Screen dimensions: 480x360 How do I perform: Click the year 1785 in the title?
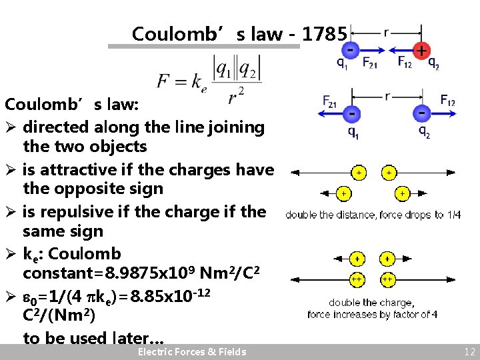click(323, 34)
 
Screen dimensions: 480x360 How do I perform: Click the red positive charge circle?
click(421, 50)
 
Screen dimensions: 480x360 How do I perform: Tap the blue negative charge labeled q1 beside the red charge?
click(350, 49)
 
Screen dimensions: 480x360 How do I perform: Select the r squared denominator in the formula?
click(236, 97)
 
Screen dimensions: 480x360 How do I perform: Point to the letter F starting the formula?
click(164, 81)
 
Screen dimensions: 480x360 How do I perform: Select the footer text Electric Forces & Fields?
click(191, 352)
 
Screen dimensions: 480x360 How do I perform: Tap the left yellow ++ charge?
click(358, 279)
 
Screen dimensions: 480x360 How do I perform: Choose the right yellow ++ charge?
click(388, 279)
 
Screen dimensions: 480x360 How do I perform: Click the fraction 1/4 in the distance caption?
click(453, 215)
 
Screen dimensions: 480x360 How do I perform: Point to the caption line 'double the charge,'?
click(371, 302)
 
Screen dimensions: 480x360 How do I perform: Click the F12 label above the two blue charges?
click(447, 100)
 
